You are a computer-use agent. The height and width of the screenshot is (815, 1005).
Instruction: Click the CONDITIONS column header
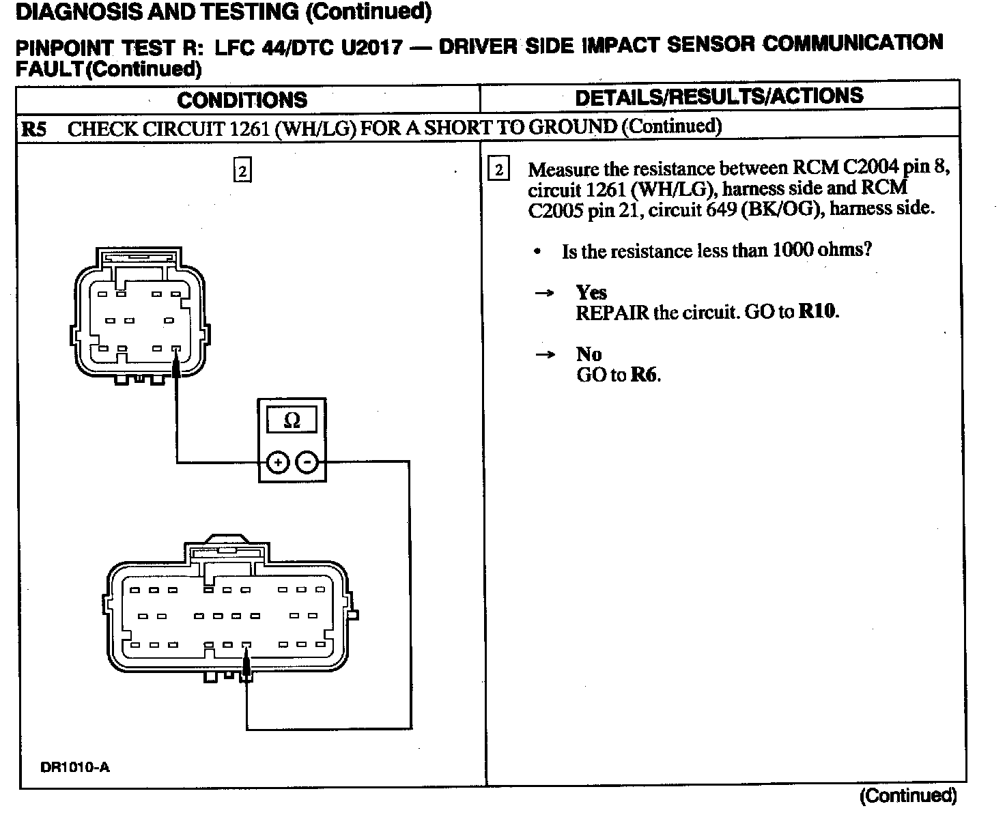[242, 100]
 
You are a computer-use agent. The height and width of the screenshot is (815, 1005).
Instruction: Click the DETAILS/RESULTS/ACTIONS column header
[719, 97]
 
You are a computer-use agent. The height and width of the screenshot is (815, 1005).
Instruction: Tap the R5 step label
[34, 129]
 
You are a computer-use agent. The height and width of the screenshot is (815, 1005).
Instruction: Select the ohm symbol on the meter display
[292, 420]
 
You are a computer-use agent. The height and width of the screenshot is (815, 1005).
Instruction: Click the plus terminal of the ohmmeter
[277, 463]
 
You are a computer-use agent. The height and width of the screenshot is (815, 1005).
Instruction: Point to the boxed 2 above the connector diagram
[242, 170]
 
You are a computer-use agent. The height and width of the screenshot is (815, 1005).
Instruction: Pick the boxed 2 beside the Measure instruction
[499, 170]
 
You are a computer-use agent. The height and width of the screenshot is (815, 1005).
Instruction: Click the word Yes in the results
[591, 293]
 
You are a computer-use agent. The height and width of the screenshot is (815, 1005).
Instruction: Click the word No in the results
[589, 354]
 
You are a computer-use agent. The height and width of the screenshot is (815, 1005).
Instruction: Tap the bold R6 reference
[645, 374]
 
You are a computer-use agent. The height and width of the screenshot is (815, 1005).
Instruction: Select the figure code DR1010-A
[75, 767]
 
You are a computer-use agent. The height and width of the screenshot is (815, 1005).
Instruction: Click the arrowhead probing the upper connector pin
[177, 367]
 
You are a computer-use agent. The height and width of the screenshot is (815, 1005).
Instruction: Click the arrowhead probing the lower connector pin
[246, 662]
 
